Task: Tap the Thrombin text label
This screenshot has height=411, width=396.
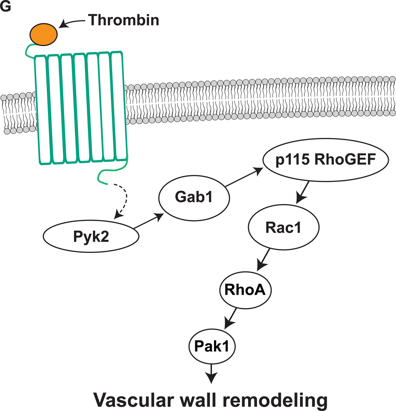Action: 123,20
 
